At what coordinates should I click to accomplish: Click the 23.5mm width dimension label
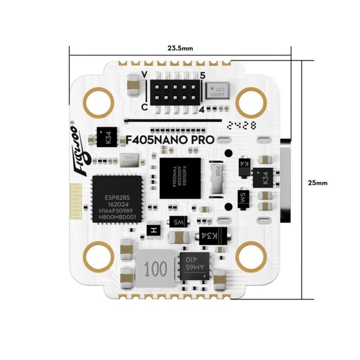(x=180, y=48)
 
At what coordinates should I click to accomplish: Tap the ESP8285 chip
(x=113, y=200)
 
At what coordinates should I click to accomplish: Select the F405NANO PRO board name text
(x=170, y=140)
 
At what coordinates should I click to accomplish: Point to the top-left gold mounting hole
(x=98, y=101)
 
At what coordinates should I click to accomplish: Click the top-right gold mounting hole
(x=249, y=101)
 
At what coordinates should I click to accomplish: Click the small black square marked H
(x=153, y=231)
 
